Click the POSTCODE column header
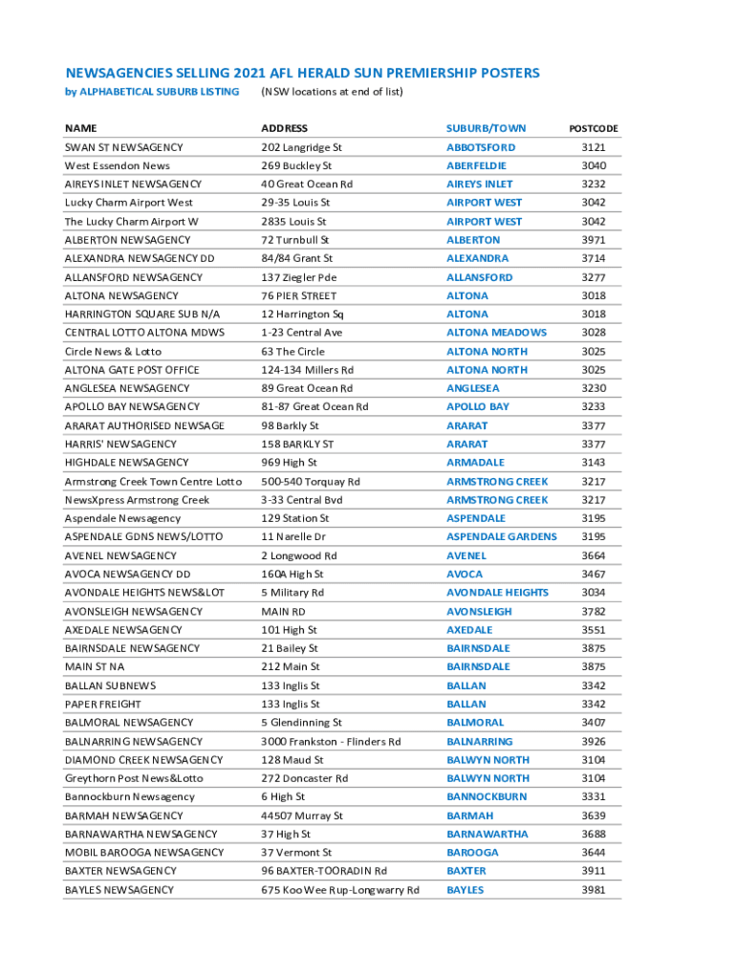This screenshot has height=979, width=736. [x=594, y=128]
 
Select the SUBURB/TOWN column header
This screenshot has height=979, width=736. [x=486, y=128]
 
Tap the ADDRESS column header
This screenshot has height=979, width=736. [x=285, y=128]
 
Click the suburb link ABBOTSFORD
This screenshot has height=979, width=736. [x=481, y=147]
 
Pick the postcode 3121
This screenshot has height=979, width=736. [x=594, y=147]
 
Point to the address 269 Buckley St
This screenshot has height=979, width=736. [x=296, y=165]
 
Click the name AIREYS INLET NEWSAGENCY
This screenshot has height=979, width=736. [x=133, y=184]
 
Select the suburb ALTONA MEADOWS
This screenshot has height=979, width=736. [x=496, y=333]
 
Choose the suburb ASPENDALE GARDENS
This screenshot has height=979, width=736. [x=501, y=536]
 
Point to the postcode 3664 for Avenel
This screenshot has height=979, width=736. [x=594, y=555]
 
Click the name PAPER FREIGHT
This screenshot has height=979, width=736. [x=102, y=704]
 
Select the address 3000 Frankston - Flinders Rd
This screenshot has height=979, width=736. [x=331, y=741]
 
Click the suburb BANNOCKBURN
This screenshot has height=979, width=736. [x=487, y=796]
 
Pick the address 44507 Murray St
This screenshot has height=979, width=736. [x=302, y=816]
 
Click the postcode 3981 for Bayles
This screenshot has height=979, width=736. [x=594, y=890]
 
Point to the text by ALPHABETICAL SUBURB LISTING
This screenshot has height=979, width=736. [x=152, y=92]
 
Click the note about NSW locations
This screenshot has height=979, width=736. [x=332, y=92]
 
